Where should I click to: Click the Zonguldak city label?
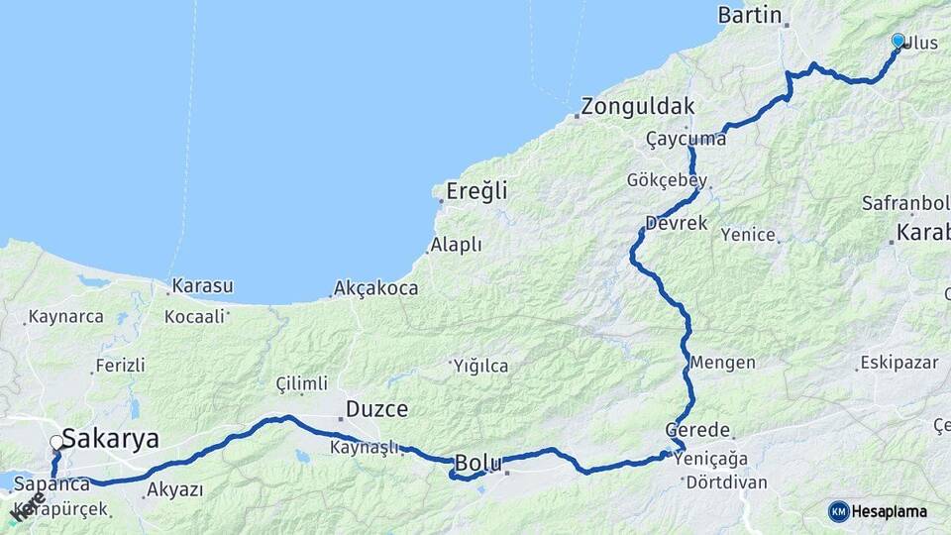tap(638, 107)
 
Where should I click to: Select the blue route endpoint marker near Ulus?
tap(898, 41)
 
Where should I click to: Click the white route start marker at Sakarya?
tap(57, 443)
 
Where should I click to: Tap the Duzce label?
tap(376, 408)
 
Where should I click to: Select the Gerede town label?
tap(697, 431)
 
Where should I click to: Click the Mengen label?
tap(726, 363)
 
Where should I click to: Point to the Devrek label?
tap(676, 223)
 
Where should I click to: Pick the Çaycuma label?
tap(686, 139)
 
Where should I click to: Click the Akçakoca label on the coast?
tap(376, 288)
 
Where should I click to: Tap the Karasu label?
tap(202, 286)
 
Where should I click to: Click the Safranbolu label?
tap(905, 203)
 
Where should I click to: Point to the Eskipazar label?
tap(898, 362)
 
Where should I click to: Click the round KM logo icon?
tap(838, 511)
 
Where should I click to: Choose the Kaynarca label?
tap(66, 317)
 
